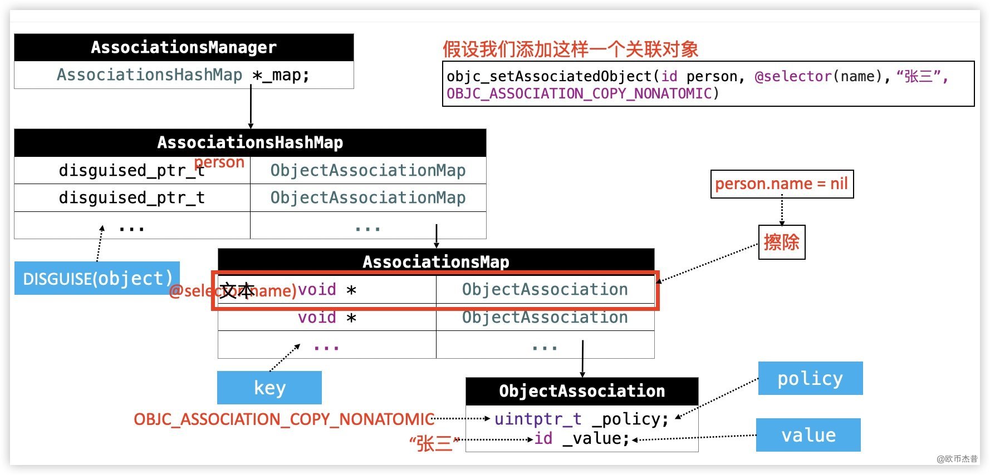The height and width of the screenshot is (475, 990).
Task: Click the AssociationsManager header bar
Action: click(x=184, y=47)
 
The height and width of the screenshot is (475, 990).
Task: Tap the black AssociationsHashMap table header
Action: click(x=250, y=142)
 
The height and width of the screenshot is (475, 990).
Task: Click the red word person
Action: click(x=219, y=162)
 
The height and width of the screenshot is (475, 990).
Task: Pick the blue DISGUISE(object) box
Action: click(x=97, y=278)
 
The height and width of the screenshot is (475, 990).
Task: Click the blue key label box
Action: click(x=269, y=388)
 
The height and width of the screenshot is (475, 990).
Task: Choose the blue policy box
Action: click(x=810, y=378)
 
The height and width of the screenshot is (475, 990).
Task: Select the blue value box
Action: click(x=808, y=435)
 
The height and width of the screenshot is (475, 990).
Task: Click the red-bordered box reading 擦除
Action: click(x=782, y=242)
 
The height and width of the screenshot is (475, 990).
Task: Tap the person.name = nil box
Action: click(x=782, y=184)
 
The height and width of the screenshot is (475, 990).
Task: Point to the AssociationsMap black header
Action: click(x=436, y=261)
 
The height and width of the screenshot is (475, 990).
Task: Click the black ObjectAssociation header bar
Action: click(x=582, y=391)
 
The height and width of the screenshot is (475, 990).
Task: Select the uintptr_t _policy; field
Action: click(x=581, y=419)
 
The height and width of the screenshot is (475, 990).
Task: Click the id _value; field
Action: click(x=581, y=439)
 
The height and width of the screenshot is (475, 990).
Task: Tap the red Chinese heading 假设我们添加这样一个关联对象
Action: click(x=570, y=50)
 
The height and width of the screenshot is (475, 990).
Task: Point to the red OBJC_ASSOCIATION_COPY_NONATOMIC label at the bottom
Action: click(x=284, y=419)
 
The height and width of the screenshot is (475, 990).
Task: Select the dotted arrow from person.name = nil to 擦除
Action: click(x=782, y=211)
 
